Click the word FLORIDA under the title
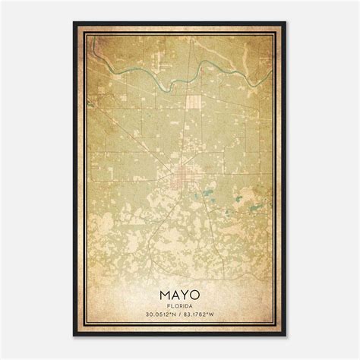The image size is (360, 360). point(180,306)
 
